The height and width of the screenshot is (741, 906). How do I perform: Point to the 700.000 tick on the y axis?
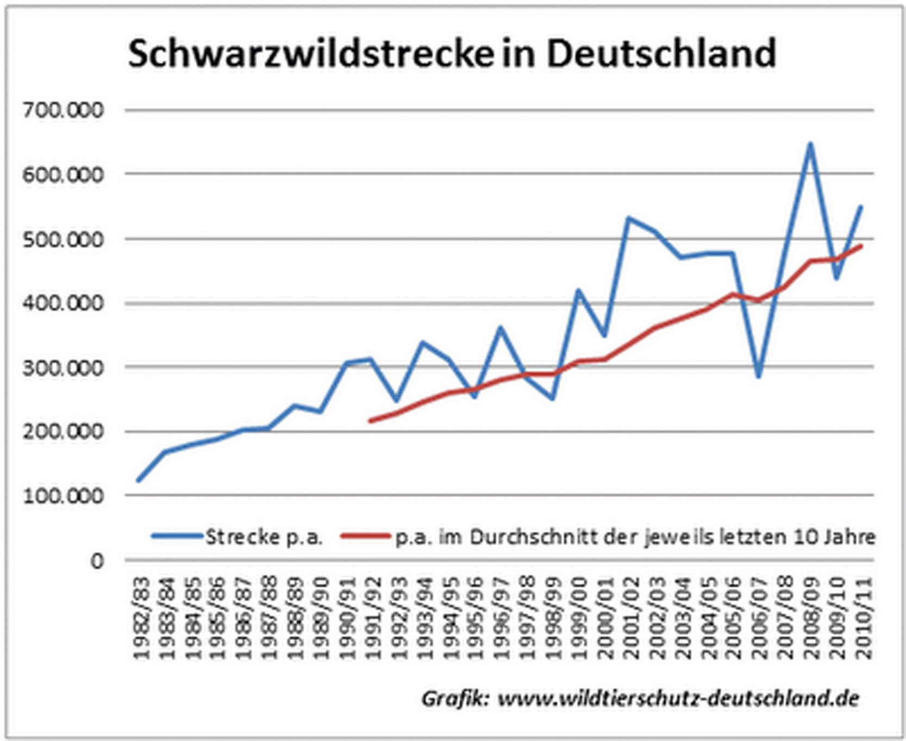(x=63, y=110)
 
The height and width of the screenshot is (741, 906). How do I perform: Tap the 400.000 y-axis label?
(x=63, y=303)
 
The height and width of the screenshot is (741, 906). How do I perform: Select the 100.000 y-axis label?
(x=63, y=496)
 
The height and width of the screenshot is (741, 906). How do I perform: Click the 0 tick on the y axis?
(x=96, y=561)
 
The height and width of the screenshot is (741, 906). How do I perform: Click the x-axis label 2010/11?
(x=863, y=618)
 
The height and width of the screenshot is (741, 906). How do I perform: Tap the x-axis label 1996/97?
(x=502, y=618)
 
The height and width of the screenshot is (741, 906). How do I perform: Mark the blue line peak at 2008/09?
(x=810, y=144)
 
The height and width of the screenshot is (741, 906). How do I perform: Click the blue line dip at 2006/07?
(x=759, y=376)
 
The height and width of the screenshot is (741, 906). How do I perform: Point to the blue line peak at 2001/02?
(x=629, y=218)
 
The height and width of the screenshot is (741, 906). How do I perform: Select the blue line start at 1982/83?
(x=139, y=480)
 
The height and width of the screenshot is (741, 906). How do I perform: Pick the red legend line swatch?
(x=365, y=537)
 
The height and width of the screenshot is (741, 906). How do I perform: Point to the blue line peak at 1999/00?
(x=578, y=290)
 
